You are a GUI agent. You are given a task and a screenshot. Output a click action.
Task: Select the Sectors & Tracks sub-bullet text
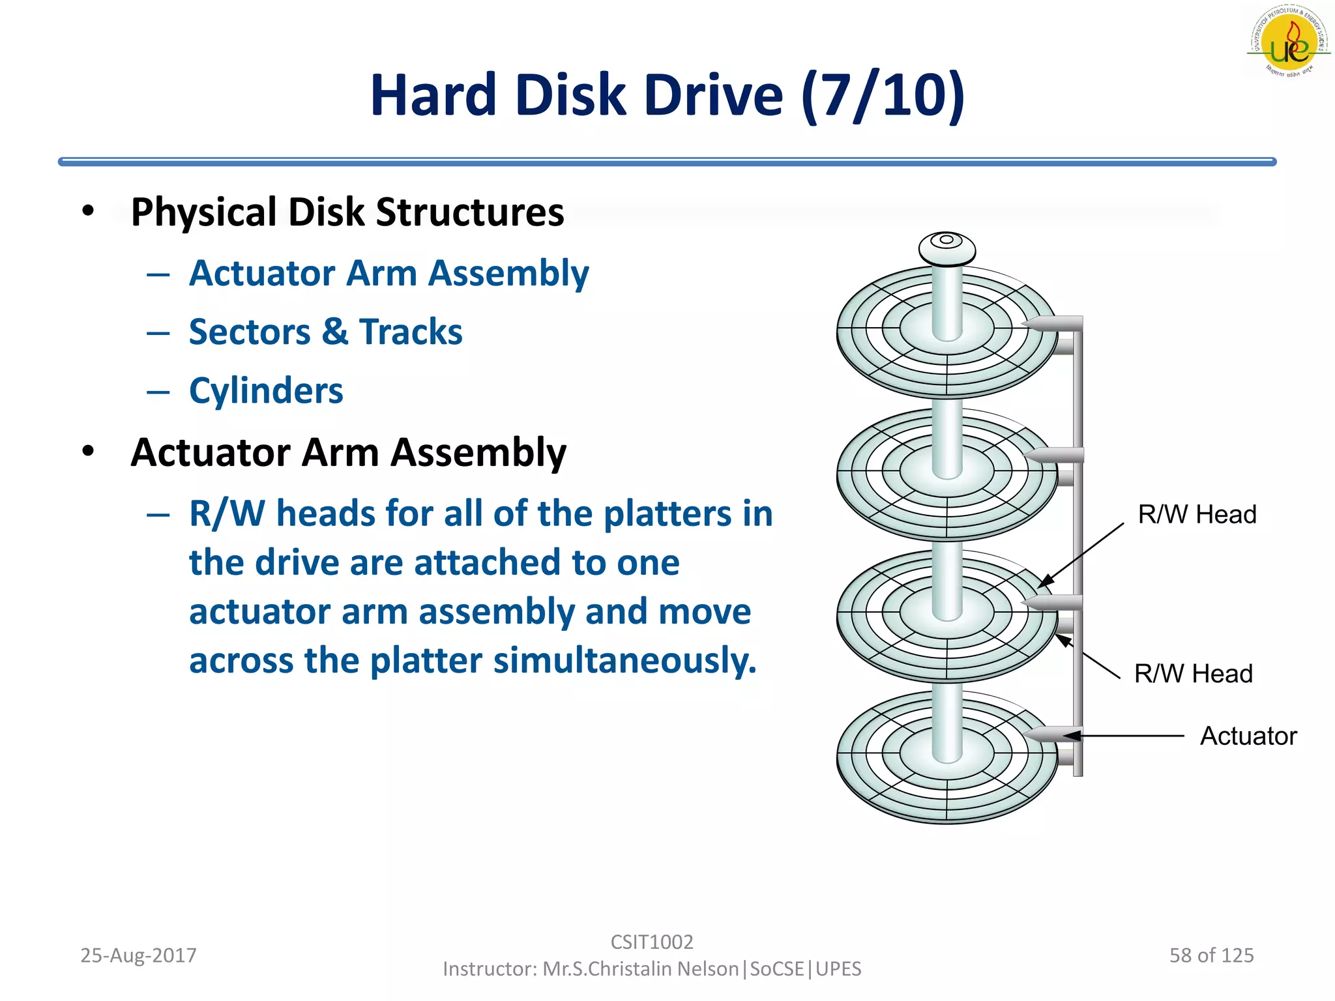coord(325,332)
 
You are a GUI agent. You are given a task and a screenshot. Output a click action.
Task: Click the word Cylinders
coord(266,391)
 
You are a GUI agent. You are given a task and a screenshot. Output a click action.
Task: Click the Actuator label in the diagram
coord(1248,736)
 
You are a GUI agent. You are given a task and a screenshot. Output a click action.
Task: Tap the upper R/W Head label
coord(1197,514)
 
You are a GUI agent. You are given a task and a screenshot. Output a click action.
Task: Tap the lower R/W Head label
coord(1193,674)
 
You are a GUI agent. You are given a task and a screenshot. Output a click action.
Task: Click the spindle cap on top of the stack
coord(946,248)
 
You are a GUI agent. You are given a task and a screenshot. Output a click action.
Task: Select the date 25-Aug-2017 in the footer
coord(138,955)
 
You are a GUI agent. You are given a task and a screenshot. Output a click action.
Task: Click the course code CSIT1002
coord(651,942)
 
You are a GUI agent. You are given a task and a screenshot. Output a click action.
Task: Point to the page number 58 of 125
coord(1211,955)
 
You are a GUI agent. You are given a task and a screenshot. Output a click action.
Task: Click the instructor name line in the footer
coord(651,969)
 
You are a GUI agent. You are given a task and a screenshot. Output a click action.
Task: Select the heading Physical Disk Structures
coord(347,212)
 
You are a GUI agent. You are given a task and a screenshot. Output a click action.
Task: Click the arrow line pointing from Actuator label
coord(1134,736)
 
